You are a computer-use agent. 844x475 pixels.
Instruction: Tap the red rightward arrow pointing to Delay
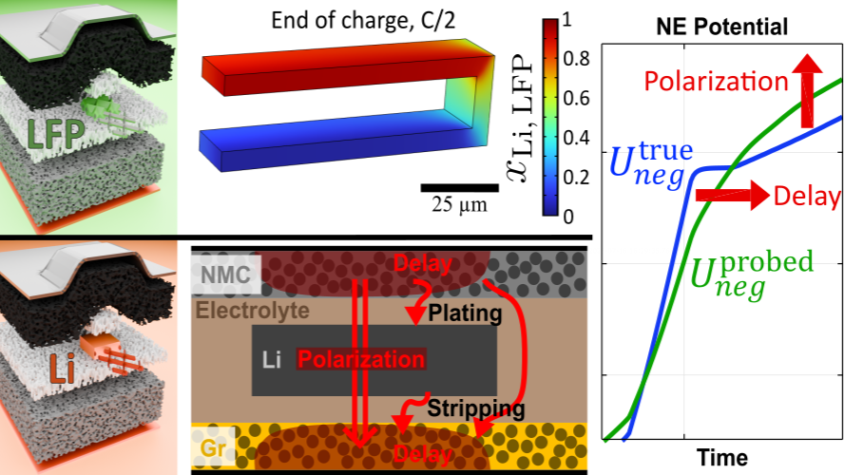(732, 197)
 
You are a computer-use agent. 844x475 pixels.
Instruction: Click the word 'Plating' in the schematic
(463, 313)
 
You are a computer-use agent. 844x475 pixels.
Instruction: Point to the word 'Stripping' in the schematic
(475, 409)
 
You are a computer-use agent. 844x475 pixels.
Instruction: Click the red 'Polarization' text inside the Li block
(361, 360)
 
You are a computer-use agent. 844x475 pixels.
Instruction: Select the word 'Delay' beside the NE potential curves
(808, 198)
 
